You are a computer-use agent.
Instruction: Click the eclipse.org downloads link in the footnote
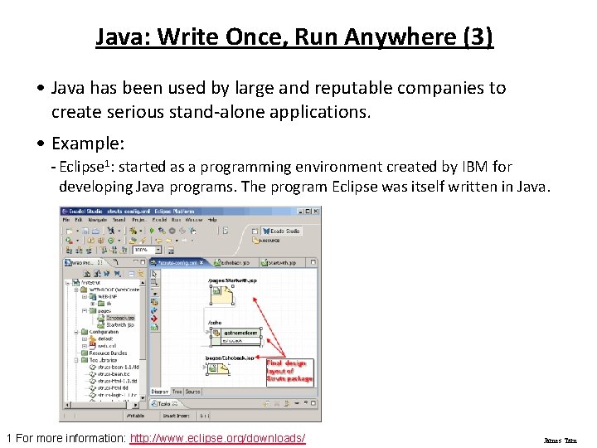point(218,438)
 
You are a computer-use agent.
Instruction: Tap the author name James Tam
point(560,441)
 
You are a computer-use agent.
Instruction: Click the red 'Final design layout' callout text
point(289,370)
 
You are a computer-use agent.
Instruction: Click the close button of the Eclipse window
point(315,211)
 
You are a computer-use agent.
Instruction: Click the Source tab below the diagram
point(192,392)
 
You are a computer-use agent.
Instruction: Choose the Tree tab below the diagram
point(177,392)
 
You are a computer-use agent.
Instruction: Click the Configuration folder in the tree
point(104,332)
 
